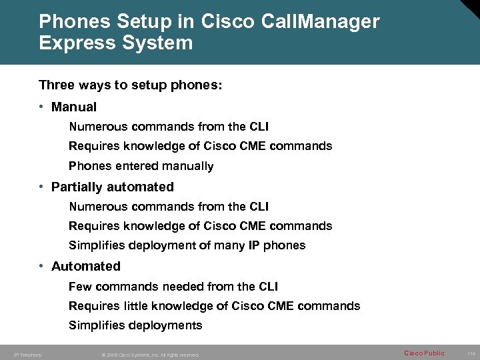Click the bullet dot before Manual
coord(42,107)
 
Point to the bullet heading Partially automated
coord(112,187)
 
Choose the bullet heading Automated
coord(85,267)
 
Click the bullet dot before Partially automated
coord(42,187)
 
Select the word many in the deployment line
coord(229,245)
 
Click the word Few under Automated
coord(80,287)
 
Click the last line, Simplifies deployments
coord(135,325)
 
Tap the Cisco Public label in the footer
coord(424,353)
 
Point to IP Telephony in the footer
coord(27,355)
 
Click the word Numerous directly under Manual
coord(99,127)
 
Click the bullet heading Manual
coord(74,107)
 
